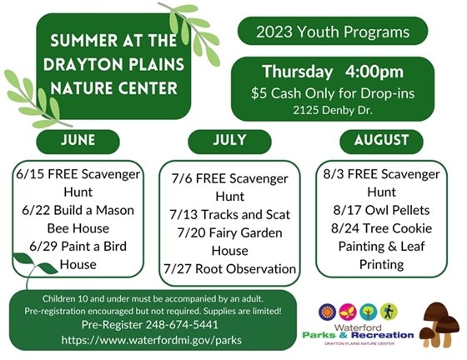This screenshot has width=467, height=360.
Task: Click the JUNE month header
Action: click(78, 140)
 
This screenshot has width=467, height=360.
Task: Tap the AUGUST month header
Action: click(381, 140)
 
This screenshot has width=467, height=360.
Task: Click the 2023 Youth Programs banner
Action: click(333, 32)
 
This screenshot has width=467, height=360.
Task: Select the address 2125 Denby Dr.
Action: click(333, 109)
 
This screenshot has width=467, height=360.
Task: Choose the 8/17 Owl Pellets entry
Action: click(382, 211)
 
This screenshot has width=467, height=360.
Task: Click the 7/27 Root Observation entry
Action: click(229, 268)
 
